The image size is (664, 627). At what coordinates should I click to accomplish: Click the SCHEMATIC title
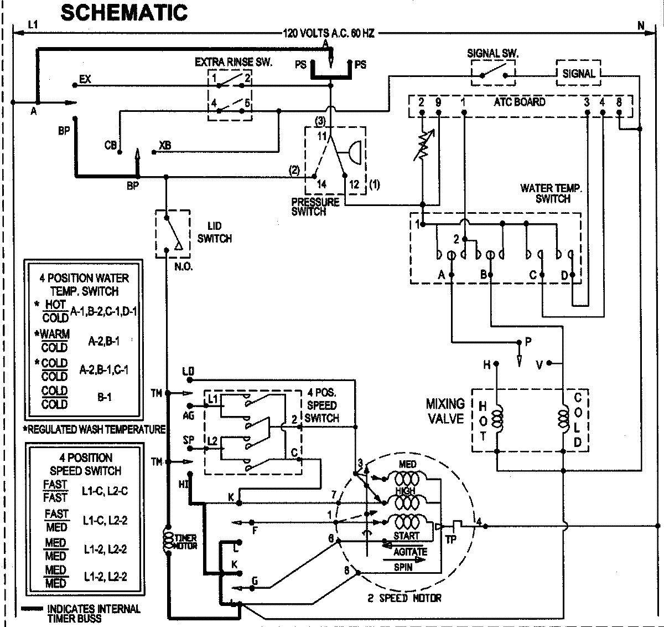coord(123,12)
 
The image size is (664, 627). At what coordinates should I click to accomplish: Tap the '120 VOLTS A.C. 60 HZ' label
coord(329,33)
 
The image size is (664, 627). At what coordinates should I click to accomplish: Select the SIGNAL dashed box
coord(578,73)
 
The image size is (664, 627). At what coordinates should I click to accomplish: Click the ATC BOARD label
coord(519,102)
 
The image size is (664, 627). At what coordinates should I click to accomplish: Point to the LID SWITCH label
coord(214,233)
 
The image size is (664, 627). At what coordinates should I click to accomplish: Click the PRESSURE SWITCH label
coord(315,206)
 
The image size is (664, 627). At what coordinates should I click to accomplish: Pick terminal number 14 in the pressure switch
coord(321,184)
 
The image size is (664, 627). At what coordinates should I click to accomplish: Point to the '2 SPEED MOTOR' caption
coord(404,598)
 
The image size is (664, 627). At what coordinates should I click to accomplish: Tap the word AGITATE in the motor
coord(410,552)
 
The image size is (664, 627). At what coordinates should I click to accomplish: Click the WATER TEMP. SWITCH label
coord(551,193)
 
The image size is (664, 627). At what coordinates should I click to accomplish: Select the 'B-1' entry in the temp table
coord(104,397)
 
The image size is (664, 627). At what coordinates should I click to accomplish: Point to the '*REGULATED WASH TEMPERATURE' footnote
coord(94,429)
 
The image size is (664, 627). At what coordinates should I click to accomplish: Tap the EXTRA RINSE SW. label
coord(233,62)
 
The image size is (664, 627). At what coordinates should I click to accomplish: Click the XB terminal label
coord(164,145)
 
